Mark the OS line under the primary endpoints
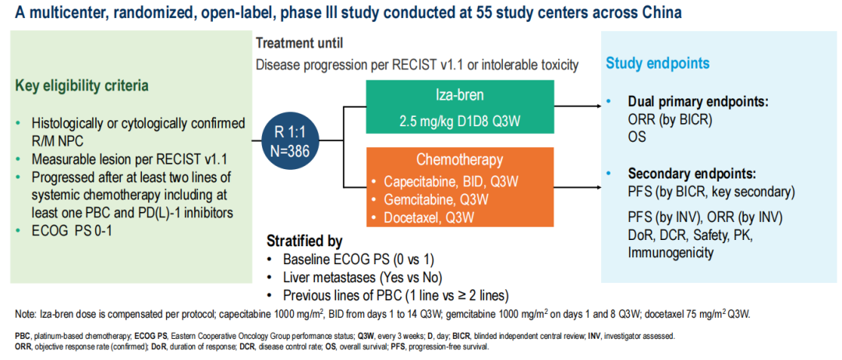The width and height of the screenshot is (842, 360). pyautogui.click(x=637, y=136)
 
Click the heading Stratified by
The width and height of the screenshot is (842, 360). pyautogui.click(x=304, y=241)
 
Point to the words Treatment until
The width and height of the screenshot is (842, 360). pyautogui.click(x=299, y=44)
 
